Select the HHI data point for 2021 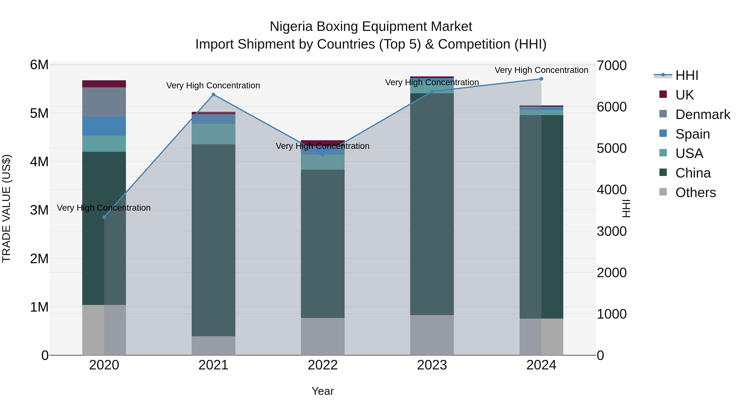pos(214,94)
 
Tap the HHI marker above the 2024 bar pos(541,79)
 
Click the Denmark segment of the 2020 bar pos(104,102)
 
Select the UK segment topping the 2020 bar pos(104,84)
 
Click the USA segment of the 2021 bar pos(214,134)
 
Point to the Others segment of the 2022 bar pos(323,336)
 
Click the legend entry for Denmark pos(703,114)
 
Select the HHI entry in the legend pos(687,75)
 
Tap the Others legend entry pos(695,193)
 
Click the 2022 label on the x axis pos(323,365)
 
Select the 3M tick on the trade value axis pos(39,210)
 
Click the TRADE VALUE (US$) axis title pos(6,208)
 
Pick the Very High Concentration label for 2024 pos(541,70)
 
